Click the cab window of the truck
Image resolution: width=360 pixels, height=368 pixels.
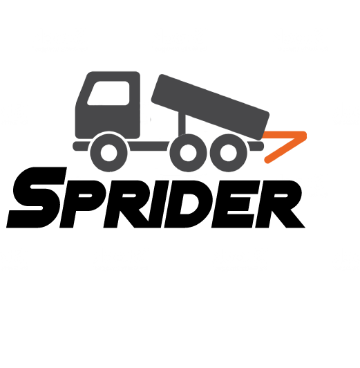[108, 93]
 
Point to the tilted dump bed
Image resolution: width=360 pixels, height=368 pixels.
[210, 107]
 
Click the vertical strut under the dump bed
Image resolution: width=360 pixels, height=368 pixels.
[182, 123]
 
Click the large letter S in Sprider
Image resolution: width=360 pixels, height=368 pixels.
[37, 197]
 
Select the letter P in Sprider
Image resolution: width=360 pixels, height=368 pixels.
[82, 204]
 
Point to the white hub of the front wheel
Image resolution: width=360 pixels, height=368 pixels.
[108, 153]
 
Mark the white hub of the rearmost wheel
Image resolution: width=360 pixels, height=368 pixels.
[229, 153]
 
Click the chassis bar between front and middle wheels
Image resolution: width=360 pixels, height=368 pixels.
[149, 146]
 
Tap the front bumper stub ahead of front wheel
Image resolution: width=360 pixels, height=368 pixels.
[81, 146]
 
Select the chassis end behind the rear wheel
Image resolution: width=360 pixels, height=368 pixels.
[256, 146]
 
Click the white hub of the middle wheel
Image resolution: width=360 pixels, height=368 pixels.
[189, 153]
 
